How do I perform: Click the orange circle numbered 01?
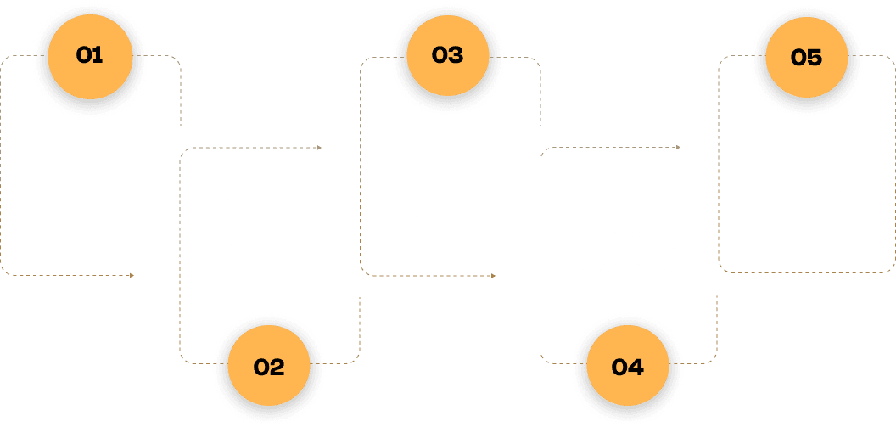tap(89, 55)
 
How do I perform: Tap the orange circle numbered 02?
tap(269, 368)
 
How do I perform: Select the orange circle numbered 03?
tap(447, 55)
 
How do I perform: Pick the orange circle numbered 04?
tap(627, 368)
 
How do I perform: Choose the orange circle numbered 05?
tap(806, 57)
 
